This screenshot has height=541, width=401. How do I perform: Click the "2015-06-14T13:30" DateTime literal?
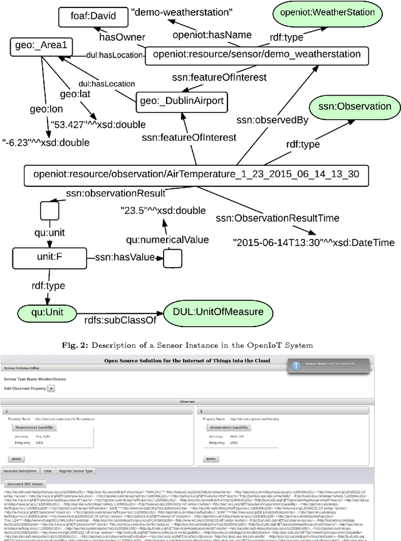coord(313,241)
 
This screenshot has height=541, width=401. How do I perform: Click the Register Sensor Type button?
coord(76,471)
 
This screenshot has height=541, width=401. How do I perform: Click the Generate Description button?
coord(19,471)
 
